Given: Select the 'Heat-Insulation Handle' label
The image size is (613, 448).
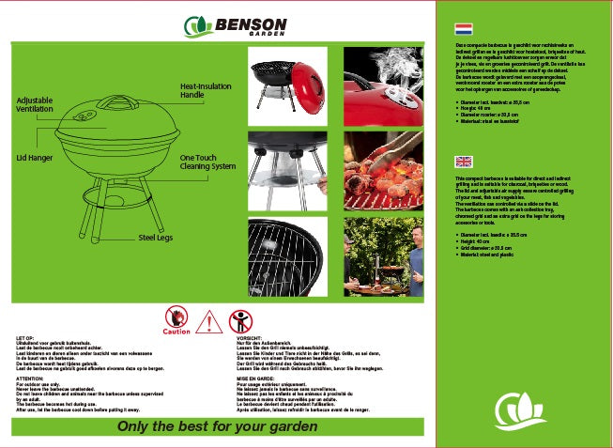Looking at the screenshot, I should click(205, 90).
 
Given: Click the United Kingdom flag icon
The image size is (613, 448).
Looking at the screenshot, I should click(462, 161).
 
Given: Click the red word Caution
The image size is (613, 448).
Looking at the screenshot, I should click(176, 332).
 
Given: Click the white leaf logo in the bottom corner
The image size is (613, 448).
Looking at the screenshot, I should click(521, 408).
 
